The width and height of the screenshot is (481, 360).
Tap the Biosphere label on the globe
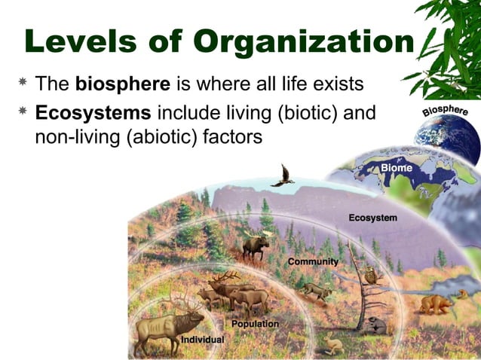[x=445, y=112]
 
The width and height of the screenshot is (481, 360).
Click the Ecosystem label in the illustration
[x=372, y=218]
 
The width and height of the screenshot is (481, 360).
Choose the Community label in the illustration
[x=313, y=261]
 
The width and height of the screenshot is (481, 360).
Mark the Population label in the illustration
[x=255, y=324]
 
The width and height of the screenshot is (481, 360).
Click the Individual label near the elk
[x=203, y=340]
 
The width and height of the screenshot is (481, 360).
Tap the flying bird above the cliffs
[x=282, y=176]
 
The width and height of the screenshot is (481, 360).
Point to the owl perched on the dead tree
[x=370, y=274]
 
